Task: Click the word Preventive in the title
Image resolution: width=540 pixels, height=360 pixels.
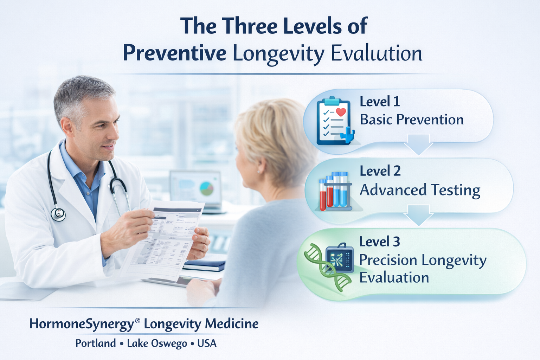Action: point(174,53)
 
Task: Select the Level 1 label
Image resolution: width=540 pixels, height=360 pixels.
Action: point(380,102)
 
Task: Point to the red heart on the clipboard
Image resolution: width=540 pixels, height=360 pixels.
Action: point(341,112)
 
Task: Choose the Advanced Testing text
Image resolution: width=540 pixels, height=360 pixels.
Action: point(420,190)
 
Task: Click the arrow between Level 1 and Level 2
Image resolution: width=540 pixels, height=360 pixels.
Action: point(418,144)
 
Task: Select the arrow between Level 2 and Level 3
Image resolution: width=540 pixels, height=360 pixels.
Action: point(418,215)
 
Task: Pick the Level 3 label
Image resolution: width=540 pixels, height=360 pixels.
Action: point(379,242)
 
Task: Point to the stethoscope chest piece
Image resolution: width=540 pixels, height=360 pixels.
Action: point(58,213)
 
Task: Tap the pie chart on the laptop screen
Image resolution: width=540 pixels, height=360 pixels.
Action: point(207,188)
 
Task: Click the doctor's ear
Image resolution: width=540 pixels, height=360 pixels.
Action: point(67,126)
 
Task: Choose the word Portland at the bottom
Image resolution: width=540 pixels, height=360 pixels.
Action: point(96,343)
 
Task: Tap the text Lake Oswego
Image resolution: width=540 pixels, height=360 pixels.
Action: point(157,343)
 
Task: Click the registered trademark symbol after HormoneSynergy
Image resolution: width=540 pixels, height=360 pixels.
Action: point(137,320)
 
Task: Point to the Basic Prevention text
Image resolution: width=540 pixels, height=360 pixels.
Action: point(412,120)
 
